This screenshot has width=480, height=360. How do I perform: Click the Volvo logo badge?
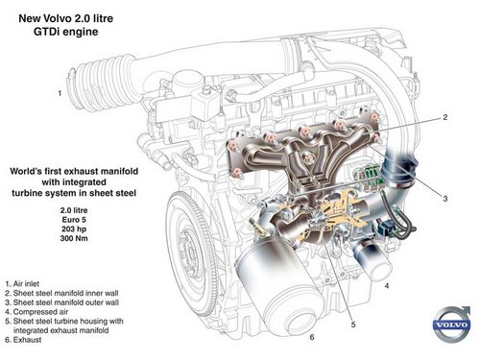[x=452, y=324]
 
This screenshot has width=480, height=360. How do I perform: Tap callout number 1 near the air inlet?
[x=60, y=93]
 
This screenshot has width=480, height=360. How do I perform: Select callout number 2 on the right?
[x=445, y=117]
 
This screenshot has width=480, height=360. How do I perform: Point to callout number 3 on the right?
[x=445, y=199]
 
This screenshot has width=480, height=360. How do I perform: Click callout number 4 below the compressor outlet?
[x=387, y=285]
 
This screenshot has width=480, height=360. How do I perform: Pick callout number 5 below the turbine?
[x=353, y=324]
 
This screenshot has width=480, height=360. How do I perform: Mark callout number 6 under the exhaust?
[x=312, y=337]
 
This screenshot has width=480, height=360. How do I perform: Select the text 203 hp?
[x=74, y=228]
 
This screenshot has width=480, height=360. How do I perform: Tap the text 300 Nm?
[x=74, y=238]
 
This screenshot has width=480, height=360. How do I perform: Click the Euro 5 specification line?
[x=74, y=220]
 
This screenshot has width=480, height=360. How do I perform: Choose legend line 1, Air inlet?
[x=22, y=283]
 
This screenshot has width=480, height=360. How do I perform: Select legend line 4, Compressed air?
[x=36, y=311]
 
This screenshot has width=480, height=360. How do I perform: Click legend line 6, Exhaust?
[x=23, y=340]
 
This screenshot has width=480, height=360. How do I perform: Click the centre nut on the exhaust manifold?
[x=309, y=157]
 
